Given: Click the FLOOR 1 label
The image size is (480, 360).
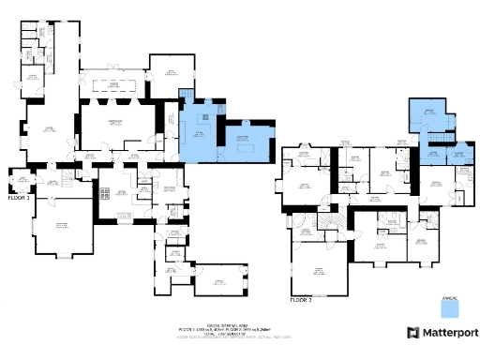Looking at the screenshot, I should (19, 198).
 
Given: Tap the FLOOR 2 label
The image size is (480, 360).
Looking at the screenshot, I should (300, 300).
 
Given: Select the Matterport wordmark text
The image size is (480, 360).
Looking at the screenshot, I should (448, 332).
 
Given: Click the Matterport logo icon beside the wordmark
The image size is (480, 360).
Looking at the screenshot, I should (412, 332).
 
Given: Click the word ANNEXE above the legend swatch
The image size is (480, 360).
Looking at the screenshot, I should (453, 288).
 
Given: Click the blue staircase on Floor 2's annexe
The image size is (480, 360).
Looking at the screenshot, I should (436, 138).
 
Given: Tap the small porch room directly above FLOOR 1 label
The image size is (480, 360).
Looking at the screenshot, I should (20, 179).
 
